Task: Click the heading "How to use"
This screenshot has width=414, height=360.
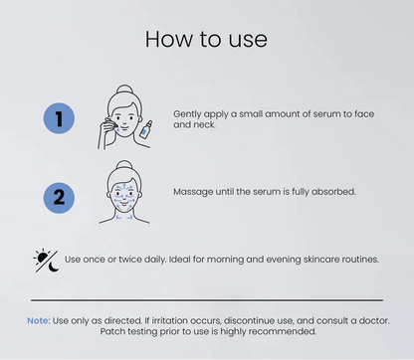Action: pos(206,38)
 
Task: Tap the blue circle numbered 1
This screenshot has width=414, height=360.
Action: pos(59,120)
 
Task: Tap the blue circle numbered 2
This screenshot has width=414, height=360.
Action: pos(59,197)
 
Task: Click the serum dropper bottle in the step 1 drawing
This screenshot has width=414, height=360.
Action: pos(145,128)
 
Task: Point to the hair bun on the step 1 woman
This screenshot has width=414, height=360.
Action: pos(124,89)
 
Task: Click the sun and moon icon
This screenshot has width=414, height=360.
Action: pos(46,261)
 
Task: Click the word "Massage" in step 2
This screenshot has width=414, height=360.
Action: pos(191,191)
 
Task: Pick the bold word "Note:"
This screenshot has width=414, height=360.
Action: pos(38,320)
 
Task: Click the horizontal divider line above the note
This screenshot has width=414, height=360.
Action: pos(206,299)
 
